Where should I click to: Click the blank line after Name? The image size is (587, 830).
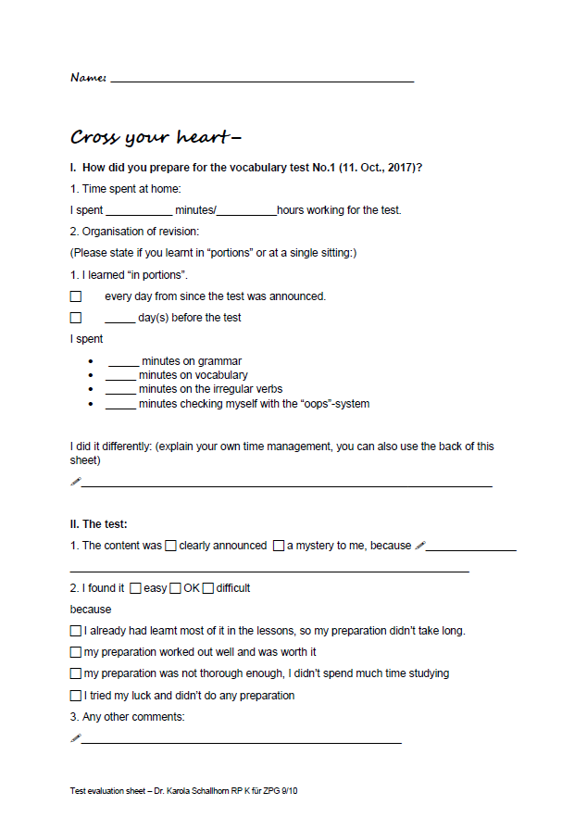pyautogui.click(x=262, y=80)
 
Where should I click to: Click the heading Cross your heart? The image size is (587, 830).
pyautogui.click(x=156, y=138)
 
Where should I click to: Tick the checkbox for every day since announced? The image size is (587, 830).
pyautogui.click(x=76, y=296)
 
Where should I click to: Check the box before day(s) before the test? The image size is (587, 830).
pyautogui.click(x=76, y=318)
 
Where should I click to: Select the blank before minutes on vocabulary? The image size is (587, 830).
pyautogui.click(x=120, y=376)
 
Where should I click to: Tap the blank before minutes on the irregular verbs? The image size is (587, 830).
pyautogui.click(x=120, y=390)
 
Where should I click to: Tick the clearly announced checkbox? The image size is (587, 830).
pyautogui.click(x=170, y=546)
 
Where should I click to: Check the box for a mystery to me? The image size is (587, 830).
pyautogui.click(x=278, y=546)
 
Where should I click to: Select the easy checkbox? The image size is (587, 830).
pyautogui.click(x=135, y=588)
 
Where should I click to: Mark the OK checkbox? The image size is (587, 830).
pyautogui.click(x=175, y=588)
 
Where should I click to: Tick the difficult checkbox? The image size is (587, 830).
pyautogui.click(x=208, y=588)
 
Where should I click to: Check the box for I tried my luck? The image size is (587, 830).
pyautogui.click(x=76, y=696)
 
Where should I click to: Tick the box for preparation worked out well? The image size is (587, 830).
pyautogui.click(x=76, y=652)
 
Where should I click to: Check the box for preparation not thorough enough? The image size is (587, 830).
pyautogui.click(x=76, y=673)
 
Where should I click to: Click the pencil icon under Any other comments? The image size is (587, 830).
pyautogui.click(x=76, y=738)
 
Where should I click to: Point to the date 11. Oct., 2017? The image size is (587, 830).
pyautogui.click(x=374, y=168)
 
